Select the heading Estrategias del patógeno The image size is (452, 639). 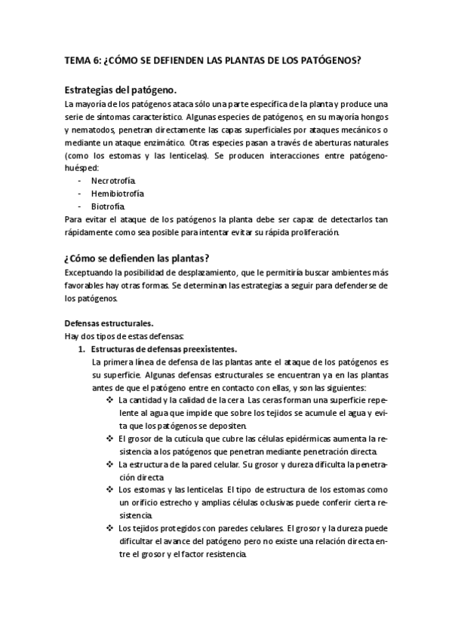pyautogui.click(x=121, y=89)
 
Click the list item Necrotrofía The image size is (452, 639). pyautogui.click(x=113, y=181)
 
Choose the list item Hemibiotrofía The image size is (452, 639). pyautogui.click(x=117, y=194)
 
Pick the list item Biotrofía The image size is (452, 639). pyautogui.click(x=108, y=206)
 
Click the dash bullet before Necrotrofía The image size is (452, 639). pyautogui.click(x=80, y=181)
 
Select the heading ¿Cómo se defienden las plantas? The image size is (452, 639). pyautogui.click(x=137, y=257)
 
